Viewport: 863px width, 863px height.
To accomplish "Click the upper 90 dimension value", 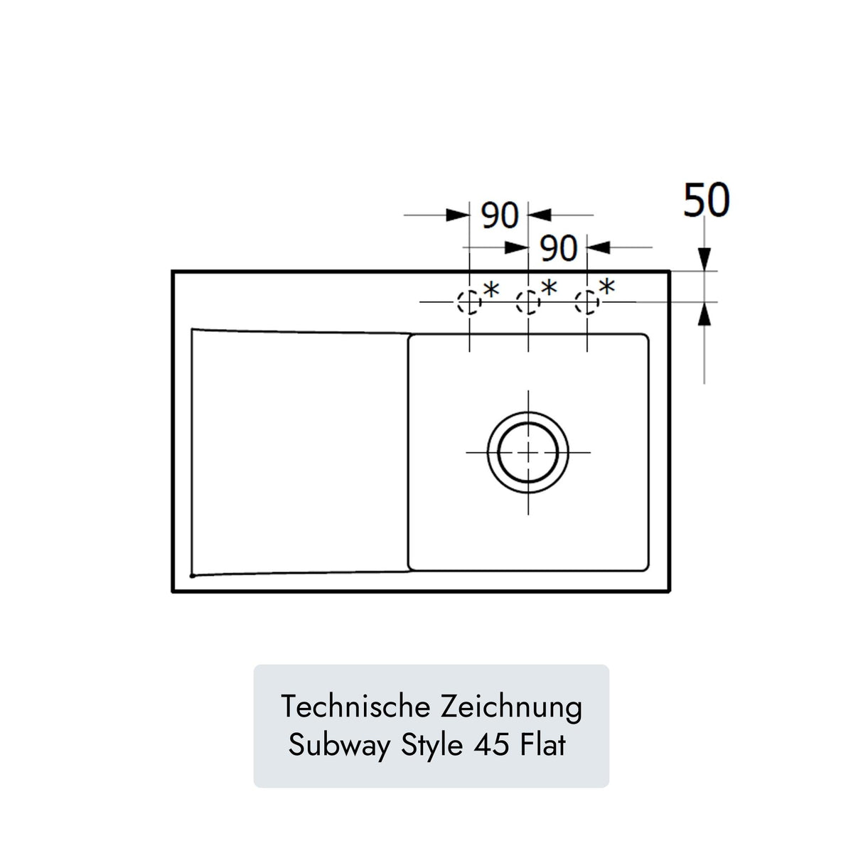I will tap(500, 215).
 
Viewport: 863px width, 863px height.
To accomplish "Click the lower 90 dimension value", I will tap(559, 248).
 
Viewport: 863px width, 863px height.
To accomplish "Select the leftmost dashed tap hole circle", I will tap(468, 303).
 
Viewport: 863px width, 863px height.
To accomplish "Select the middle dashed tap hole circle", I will tap(527, 303).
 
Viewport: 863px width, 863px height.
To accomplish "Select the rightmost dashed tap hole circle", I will tap(586, 303).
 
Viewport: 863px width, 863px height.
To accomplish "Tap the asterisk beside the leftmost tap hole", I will tap(491, 290).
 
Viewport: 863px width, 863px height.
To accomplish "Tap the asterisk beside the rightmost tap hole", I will tap(606, 288).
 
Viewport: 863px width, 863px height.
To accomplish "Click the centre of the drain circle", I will tap(527, 452).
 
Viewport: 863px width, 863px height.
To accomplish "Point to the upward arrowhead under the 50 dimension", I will tap(704, 313).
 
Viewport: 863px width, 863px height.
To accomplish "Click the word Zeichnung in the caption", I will tap(511, 707).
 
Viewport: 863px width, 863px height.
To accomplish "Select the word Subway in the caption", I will tap(340, 746).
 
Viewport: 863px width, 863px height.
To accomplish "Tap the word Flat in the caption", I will tap(543, 746).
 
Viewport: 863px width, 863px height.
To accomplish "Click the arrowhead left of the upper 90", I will tap(457, 215).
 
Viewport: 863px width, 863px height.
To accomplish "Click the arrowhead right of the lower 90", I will tap(600, 247).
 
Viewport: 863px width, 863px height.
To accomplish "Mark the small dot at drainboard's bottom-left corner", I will tap(192, 575).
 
